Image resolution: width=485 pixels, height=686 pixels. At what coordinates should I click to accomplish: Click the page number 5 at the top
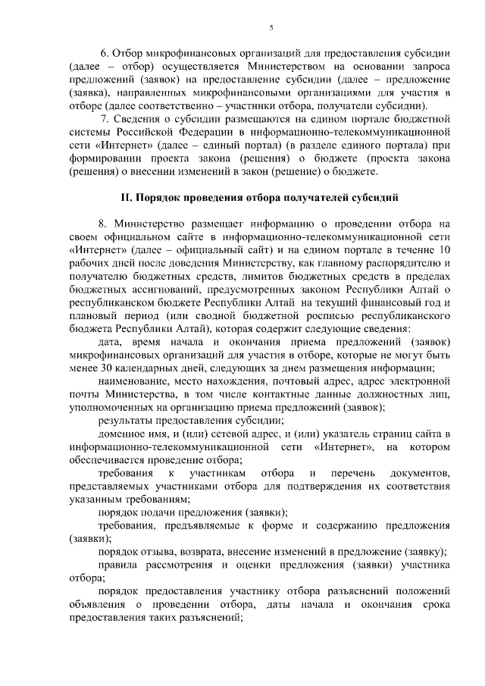pos(271,28)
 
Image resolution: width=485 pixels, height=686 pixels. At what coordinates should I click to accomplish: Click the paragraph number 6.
pos(105,54)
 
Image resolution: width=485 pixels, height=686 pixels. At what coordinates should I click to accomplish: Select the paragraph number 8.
pos(102,224)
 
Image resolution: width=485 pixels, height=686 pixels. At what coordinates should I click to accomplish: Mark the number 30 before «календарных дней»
pos(103,369)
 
